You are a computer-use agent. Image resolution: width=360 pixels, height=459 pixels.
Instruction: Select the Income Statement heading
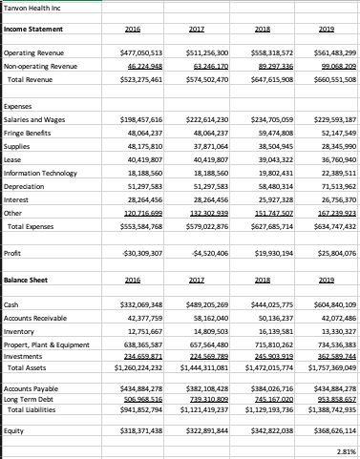point(32,30)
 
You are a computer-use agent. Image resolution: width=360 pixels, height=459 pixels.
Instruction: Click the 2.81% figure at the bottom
point(345,451)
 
